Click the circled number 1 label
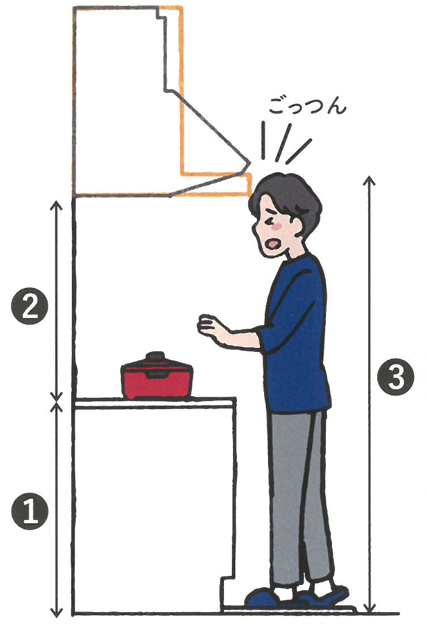tap(31, 511)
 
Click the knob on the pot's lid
tap(156, 356)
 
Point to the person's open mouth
tap(273, 244)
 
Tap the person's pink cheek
tap(276, 227)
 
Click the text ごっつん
tap(307, 106)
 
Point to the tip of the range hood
tap(251, 162)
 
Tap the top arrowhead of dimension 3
tap(369, 180)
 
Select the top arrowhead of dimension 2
tap(57, 205)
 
